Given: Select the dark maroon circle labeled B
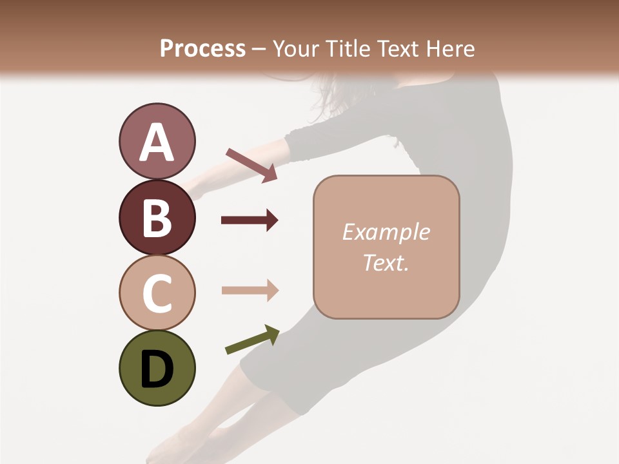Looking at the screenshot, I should (x=157, y=218).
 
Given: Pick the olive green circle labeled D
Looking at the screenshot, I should (x=157, y=368).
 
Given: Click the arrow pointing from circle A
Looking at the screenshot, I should (x=251, y=165).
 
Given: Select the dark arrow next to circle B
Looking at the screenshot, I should (x=250, y=220).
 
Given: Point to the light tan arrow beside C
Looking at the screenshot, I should (x=250, y=290).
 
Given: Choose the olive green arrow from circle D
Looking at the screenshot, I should (x=252, y=340).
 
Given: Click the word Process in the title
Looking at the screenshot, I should (x=202, y=48).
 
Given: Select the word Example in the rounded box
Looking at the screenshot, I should (x=386, y=232).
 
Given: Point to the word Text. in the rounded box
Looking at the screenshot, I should (x=386, y=262).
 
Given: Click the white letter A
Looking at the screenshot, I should (x=157, y=142).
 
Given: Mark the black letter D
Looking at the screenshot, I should (x=157, y=369).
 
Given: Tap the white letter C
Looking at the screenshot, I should (x=157, y=293).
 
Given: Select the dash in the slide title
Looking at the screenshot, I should (x=259, y=49).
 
